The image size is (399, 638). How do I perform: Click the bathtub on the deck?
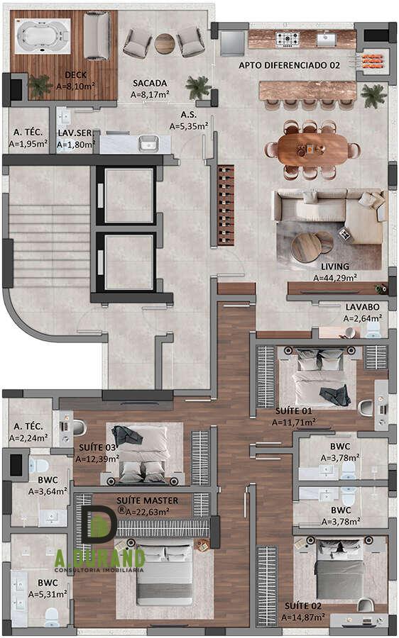pos(42,36)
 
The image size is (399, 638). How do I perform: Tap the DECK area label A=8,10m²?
pos(75,86)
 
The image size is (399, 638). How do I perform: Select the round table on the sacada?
pos(165,43)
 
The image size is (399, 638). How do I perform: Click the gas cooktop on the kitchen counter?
pos(288,40)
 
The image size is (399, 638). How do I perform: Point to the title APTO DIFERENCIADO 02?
pos(289,65)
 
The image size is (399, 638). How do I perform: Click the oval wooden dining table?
pos(313,150)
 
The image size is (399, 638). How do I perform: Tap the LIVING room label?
pos(335,267)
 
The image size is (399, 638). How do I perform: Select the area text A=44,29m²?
pos(335,278)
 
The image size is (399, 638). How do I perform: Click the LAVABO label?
pos(362,307)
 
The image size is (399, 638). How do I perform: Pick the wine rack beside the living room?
pos(226,205)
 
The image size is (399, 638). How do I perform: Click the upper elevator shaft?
pos(129,196)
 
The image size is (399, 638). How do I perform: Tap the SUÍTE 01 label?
pos(293,410)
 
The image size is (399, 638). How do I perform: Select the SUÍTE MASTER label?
pos(147,500)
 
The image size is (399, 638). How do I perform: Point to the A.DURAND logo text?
pos(100,559)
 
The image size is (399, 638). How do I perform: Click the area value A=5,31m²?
pos(48,594)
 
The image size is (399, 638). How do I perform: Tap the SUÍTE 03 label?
pos(97,447)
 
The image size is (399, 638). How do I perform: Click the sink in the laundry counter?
pos(148,143)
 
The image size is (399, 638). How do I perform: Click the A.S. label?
pos(189,115)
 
